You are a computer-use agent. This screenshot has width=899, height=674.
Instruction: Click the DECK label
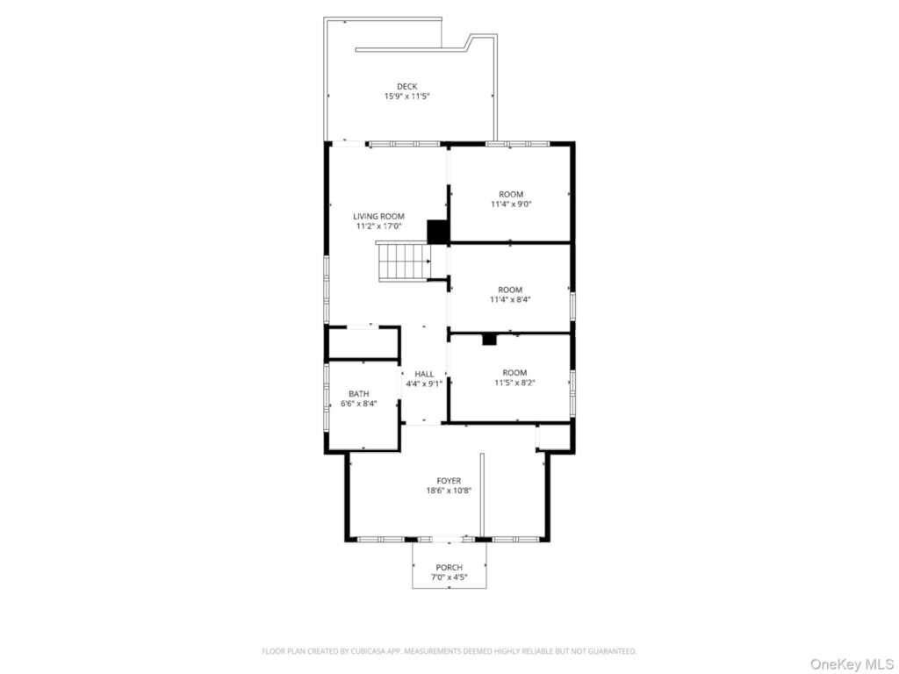(407, 87)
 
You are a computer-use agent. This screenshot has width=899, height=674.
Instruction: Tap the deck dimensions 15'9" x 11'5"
(407, 97)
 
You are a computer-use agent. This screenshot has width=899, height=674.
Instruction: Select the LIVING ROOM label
(378, 216)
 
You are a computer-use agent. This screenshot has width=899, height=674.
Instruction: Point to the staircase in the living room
(404, 262)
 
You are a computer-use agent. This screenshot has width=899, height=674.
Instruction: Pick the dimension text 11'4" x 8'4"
(510, 299)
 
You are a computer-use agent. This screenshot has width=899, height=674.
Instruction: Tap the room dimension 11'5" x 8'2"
(514, 383)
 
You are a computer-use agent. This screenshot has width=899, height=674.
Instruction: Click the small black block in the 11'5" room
(489, 340)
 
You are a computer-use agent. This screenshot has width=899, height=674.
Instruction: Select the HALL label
(424, 374)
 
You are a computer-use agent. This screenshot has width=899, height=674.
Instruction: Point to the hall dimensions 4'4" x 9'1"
(424, 384)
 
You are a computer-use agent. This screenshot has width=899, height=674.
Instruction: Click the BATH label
(359, 394)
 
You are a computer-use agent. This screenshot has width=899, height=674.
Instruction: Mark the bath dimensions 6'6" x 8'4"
(359, 404)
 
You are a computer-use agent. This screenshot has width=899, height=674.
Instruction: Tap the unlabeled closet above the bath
(363, 343)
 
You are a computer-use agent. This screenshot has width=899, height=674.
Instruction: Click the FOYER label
(449, 481)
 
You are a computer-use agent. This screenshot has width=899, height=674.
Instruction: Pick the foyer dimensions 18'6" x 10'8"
(449, 491)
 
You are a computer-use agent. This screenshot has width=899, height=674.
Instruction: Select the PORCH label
(449, 568)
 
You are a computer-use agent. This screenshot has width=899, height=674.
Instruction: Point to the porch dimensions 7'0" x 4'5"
(449, 577)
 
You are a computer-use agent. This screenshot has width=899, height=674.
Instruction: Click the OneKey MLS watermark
(852, 664)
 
